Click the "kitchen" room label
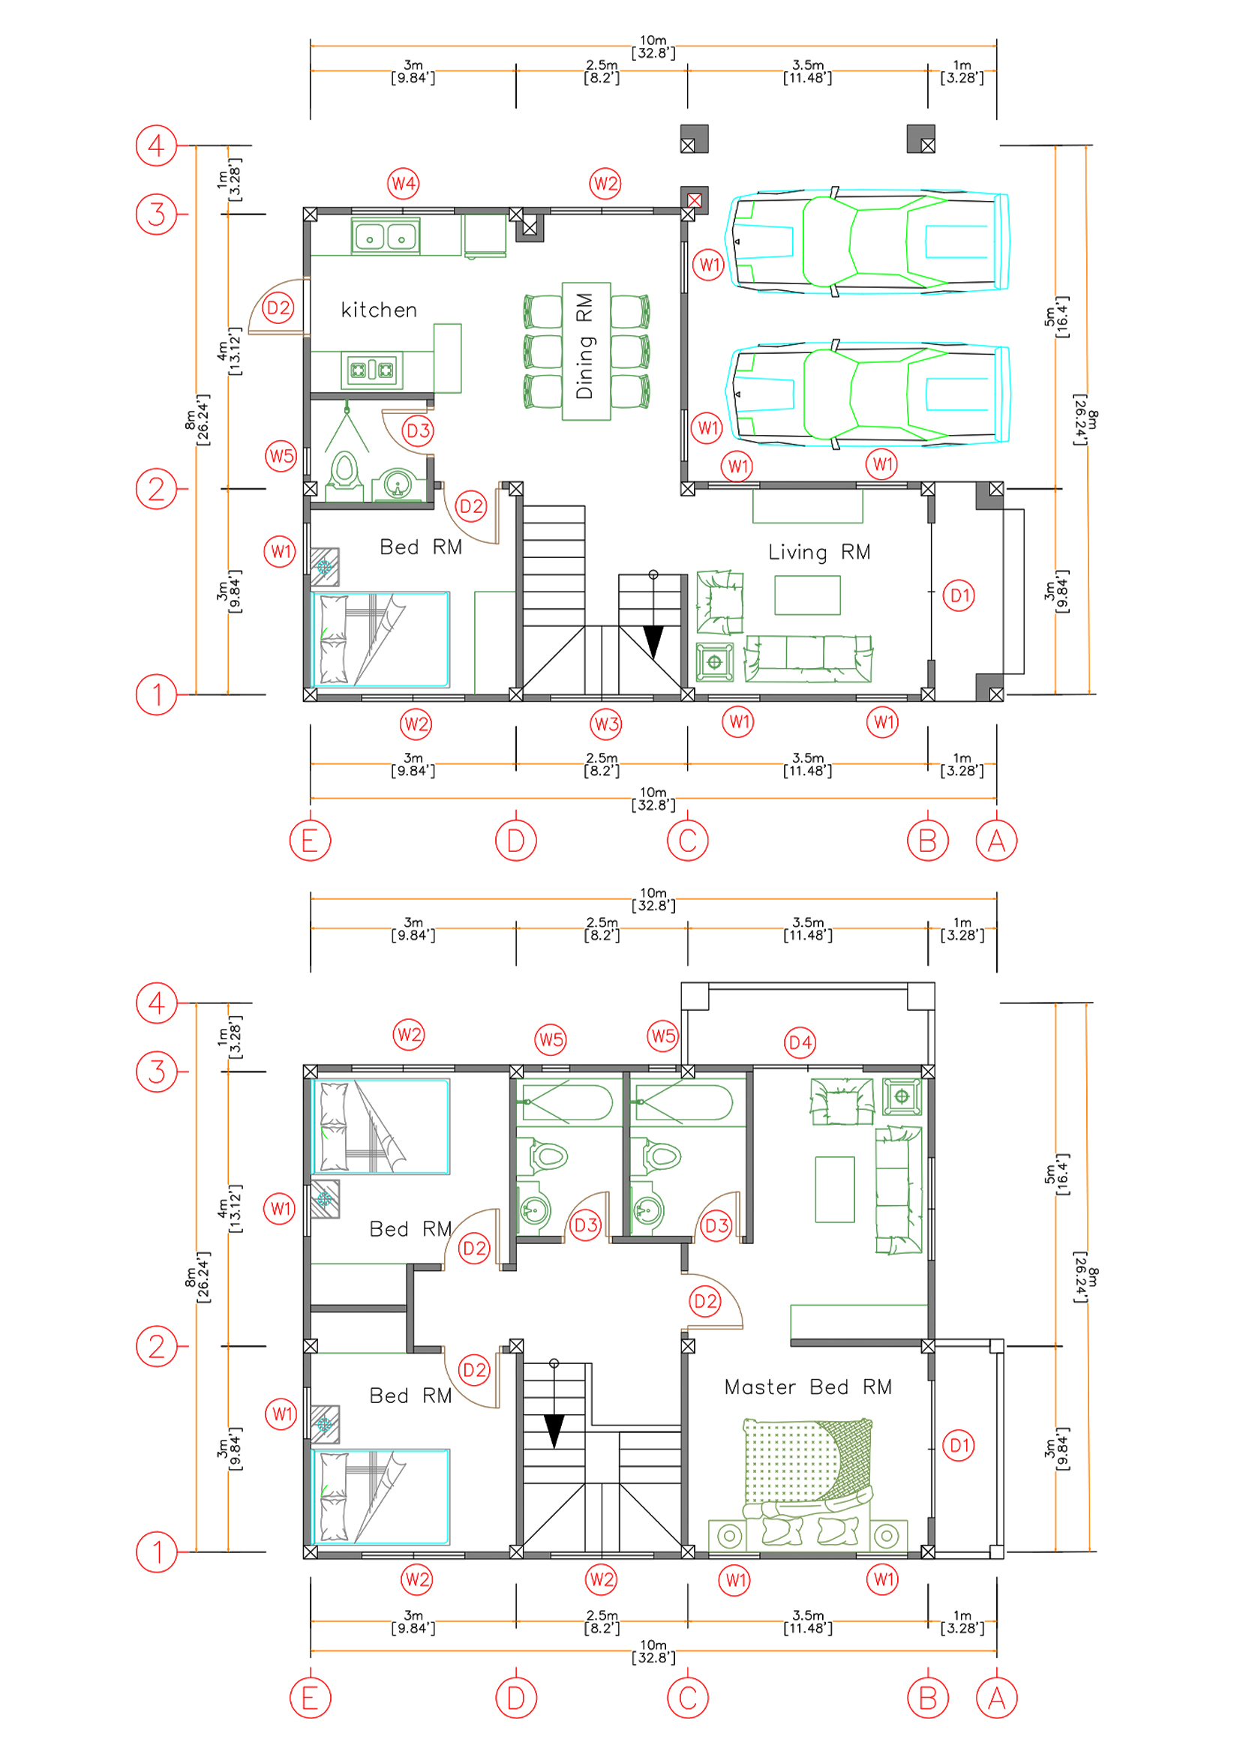click(x=379, y=310)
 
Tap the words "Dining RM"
click(x=584, y=346)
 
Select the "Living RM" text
click(x=819, y=553)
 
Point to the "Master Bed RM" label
click(x=808, y=1387)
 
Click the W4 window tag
click(x=404, y=183)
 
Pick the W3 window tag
click(x=606, y=724)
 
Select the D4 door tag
click(x=800, y=1043)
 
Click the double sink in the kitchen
click(x=385, y=236)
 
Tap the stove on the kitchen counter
click(x=372, y=370)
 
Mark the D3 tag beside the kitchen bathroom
click(x=418, y=431)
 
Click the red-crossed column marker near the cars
click(x=694, y=200)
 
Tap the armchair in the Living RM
click(x=719, y=602)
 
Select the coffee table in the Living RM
click(x=807, y=595)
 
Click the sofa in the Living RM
click(x=809, y=658)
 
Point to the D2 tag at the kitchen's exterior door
click(x=278, y=308)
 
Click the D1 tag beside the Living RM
click(x=959, y=595)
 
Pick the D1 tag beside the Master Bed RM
click(x=958, y=1444)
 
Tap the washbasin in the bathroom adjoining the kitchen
click(x=397, y=484)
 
